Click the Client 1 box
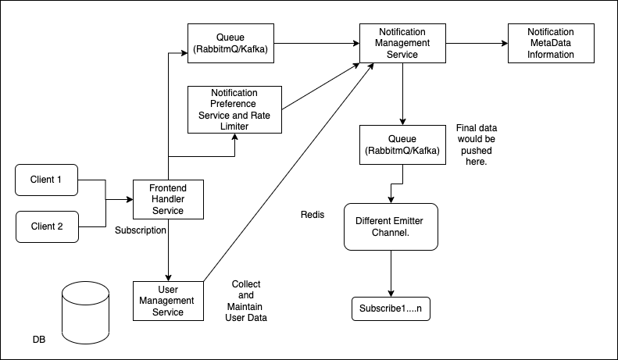click(47, 180)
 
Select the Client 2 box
click(48, 227)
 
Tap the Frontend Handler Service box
click(168, 199)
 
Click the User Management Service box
click(168, 301)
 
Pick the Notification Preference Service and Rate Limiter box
click(234, 109)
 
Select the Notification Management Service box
click(402, 43)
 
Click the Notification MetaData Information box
click(551, 43)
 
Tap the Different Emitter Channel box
click(391, 227)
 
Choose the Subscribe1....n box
click(391, 308)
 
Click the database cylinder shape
click(85, 312)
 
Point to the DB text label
click(39, 340)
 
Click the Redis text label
click(313, 215)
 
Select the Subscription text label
click(141, 230)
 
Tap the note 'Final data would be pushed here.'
click(477, 145)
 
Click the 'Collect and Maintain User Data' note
click(246, 301)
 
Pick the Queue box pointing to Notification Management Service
click(230, 43)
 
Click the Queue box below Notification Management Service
click(402, 145)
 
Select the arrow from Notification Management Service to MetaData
click(477, 43)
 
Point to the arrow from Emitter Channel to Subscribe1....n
click(391, 274)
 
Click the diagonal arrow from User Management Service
click(288, 172)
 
